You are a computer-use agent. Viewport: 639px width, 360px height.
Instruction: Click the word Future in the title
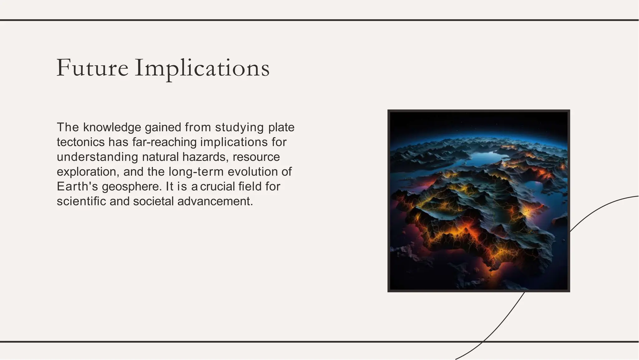click(92, 68)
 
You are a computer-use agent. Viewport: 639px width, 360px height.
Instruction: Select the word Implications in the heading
click(202, 68)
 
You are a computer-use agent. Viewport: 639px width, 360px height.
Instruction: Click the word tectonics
click(80, 142)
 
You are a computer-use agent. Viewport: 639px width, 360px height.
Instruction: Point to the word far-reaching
click(164, 142)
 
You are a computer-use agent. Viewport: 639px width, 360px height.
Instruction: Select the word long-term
click(196, 172)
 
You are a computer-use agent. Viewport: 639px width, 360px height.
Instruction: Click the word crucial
click(217, 186)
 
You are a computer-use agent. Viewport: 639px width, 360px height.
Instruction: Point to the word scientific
click(81, 201)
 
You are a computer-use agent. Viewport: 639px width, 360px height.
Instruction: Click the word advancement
click(215, 201)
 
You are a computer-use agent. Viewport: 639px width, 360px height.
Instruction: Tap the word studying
click(239, 127)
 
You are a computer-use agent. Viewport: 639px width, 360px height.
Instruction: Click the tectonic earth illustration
click(479, 201)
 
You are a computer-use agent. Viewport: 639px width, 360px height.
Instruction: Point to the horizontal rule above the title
click(319, 20)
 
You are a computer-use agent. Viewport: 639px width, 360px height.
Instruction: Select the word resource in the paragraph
click(256, 157)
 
